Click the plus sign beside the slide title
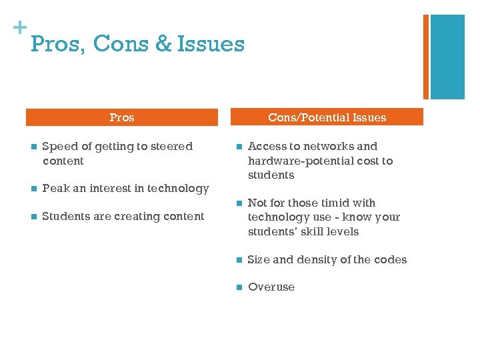pos(19,28)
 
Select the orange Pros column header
pos(122,117)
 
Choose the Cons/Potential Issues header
pos(327,117)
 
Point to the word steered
pos(170,146)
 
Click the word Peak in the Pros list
pos(56,189)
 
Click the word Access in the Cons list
pos(266,146)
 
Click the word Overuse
pos(271,287)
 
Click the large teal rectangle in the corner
pos(447,57)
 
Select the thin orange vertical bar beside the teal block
pos(426,57)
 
